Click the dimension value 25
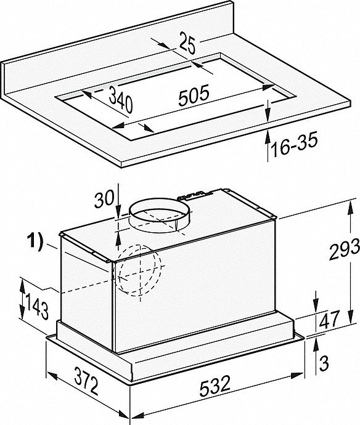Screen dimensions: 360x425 187,42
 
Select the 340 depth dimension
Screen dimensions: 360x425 121,100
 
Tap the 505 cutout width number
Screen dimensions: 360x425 194,95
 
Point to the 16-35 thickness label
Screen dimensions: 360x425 294,145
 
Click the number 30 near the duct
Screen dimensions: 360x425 104,198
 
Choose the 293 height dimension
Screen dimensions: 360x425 344,249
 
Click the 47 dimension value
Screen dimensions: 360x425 329,319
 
